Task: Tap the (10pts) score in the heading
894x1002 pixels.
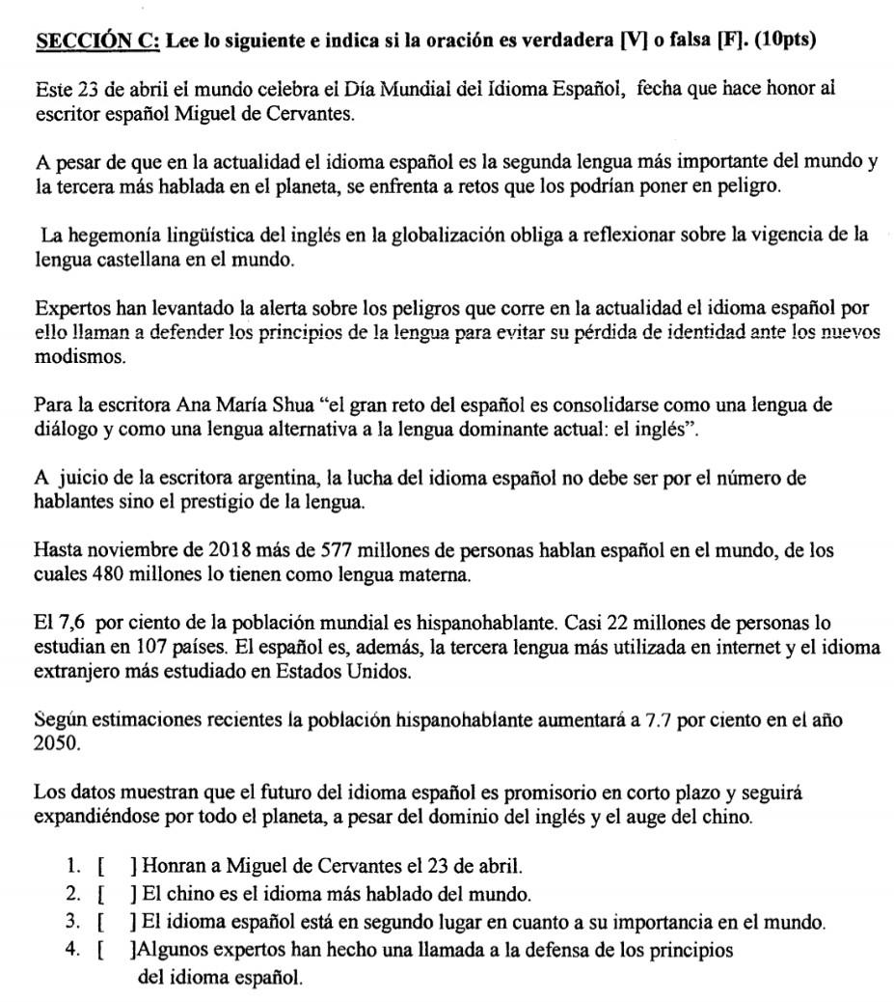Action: coord(781,42)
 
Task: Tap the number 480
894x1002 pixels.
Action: coord(108,575)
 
